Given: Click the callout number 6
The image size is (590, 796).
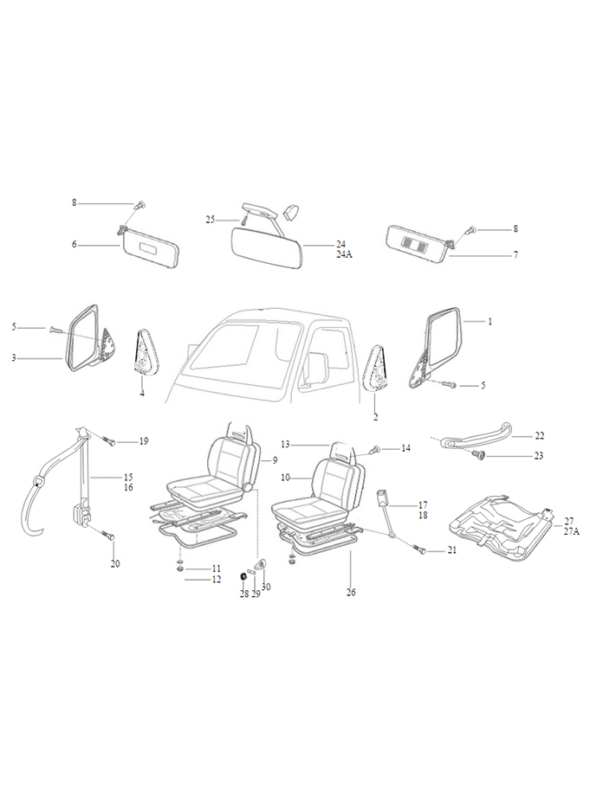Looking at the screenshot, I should tap(75, 245).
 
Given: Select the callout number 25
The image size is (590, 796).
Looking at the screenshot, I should tap(211, 221).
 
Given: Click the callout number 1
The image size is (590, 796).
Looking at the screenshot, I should tap(490, 322).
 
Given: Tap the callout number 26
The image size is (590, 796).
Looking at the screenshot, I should tap(351, 593).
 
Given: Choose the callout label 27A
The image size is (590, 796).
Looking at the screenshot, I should tap(572, 532).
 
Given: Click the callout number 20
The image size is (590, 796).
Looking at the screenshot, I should tap(115, 564).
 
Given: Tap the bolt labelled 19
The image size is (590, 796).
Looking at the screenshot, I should tap(112, 441).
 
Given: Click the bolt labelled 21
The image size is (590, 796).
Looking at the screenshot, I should tap(421, 550).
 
